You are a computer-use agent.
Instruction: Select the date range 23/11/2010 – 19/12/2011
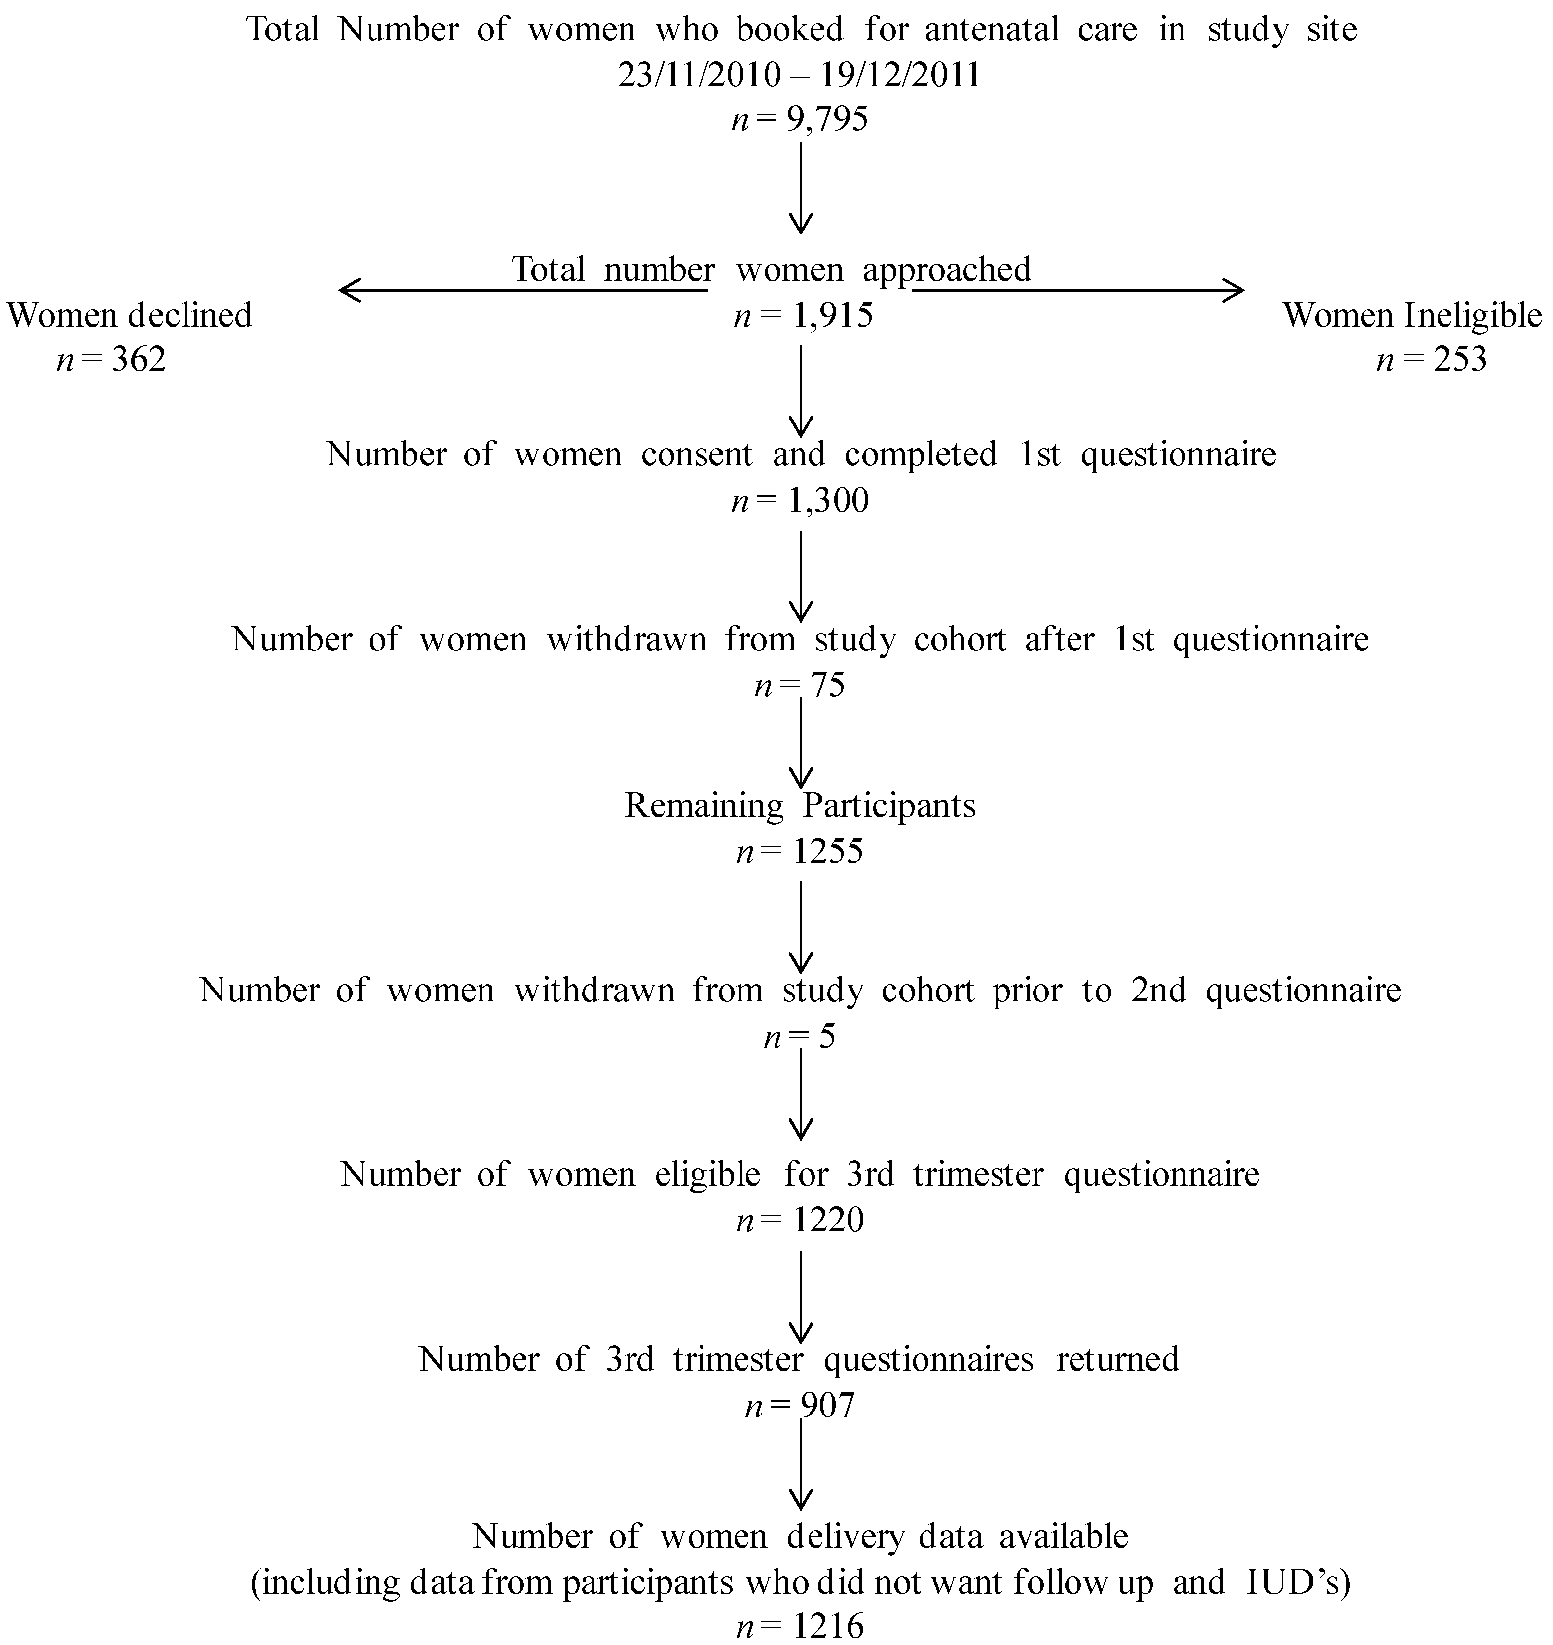pos(799,76)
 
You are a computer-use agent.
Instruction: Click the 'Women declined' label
pos(129,315)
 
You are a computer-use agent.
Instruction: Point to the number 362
pos(138,359)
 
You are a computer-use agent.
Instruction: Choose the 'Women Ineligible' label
pos(1412,315)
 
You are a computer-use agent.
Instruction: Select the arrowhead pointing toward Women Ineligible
pos(1235,290)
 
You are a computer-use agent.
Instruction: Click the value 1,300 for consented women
pos(828,501)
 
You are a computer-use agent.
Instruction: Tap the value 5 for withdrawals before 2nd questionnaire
pos(827,1036)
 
